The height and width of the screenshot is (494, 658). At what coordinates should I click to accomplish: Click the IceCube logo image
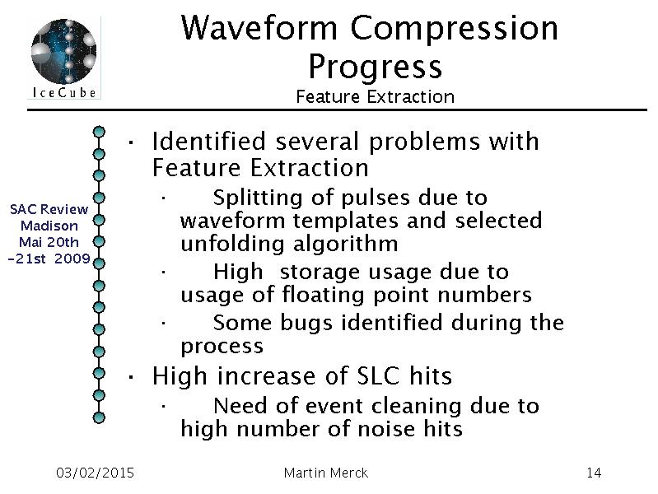(x=63, y=58)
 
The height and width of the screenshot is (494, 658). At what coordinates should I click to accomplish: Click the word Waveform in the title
(x=259, y=28)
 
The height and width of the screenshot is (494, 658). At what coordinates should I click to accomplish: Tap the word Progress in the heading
(x=376, y=68)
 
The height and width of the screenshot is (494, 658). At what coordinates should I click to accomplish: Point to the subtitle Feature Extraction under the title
(x=376, y=97)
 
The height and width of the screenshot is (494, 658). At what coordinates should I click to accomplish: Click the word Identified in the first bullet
(x=209, y=141)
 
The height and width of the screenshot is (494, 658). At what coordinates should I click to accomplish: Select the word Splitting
(x=258, y=198)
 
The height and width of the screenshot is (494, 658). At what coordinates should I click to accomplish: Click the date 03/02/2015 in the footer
(x=95, y=473)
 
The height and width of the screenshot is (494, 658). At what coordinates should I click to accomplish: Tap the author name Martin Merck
(x=326, y=473)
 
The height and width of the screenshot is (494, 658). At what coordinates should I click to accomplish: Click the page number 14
(x=594, y=473)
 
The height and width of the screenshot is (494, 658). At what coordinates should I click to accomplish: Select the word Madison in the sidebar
(x=49, y=226)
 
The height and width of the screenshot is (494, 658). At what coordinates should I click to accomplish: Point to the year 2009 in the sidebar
(x=72, y=259)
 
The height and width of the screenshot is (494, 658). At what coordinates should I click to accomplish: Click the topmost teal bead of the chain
(x=99, y=132)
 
